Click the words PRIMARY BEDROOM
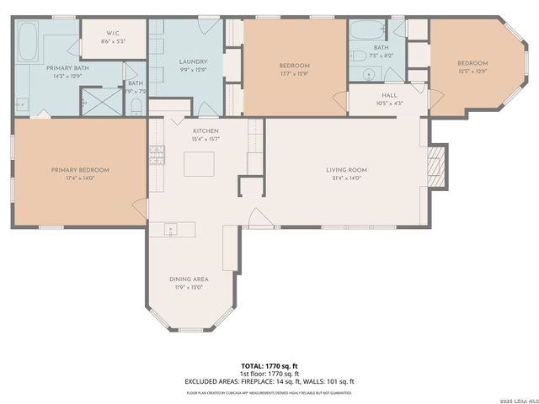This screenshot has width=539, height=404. (80, 170)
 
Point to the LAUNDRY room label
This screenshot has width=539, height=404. (193, 62)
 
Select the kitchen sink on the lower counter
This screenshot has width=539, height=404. (171, 228)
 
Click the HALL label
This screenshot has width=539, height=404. (389, 95)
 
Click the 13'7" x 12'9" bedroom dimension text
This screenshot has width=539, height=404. (295, 74)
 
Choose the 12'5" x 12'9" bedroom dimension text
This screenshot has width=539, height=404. (472, 72)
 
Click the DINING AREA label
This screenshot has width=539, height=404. (189, 279)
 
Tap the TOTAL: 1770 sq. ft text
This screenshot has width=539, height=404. (269, 366)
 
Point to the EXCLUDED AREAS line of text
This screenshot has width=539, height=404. (269, 381)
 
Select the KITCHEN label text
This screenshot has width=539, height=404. (205, 131)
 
